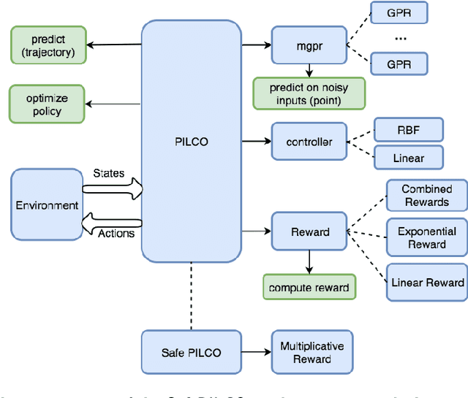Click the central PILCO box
pyautogui.click(x=192, y=141)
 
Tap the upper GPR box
pyautogui.click(x=399, y=12)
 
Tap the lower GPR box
pyautogui.click(x=399, y=64)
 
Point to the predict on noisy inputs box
pyautogui.click(x=308, y=93)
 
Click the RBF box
pyautogui.click(x=408, y=130)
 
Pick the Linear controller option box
pyautogui.click(x=408, y=158)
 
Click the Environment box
pyautogui.click(x=47, y=205)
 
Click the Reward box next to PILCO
pyautogui.click(x=309, y=232)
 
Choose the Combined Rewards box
pyautogui.click(x=426, y=196)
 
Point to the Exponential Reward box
pyautogui.click(x=426, y=237)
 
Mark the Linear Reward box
pyautogui.click(x=427, y=283)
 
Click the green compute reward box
pyautogui.click(x=309, y=287)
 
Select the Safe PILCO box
pyautogui.click(x=190, y=353)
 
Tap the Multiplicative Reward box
pyautogui.click(x=312, y=352)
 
